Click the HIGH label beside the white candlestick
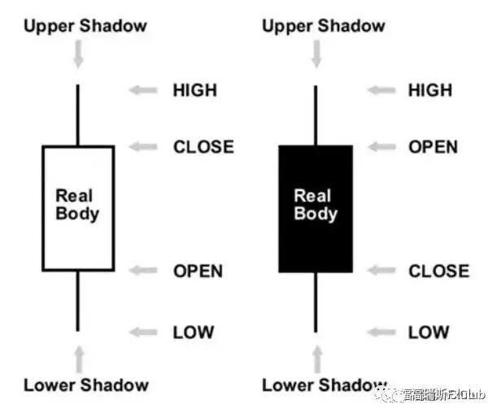[x=194, y=89]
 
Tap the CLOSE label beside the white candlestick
[x=203, y=147]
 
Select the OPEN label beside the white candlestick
[x=198, y=271]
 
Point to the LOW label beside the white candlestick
[x=193, y=332]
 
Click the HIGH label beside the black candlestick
[x=430, y=89]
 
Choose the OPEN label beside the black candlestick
[x=433, y=147]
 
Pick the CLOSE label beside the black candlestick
[x=438, y=271]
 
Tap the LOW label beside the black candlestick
[x=429, y=332]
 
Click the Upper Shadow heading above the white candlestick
[x=85, y=25]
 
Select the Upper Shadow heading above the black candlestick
[x=324, y=25]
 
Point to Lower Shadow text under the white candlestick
[x=85, y=384]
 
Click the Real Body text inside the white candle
[x=77, y=205]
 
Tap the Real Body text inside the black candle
[x=316, y=205]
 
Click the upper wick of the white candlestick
[x=78, y=114]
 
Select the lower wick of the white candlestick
[x=78, y=300]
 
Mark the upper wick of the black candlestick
[x=316, y=114]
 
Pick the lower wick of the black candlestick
[x=316, y=302]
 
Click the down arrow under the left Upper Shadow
[x=78, y=54]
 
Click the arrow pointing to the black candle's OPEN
[x=382, y=147]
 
